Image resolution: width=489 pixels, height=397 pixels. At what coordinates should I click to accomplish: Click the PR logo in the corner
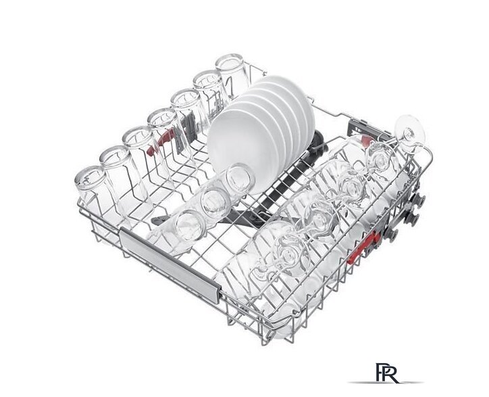[387, 373]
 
